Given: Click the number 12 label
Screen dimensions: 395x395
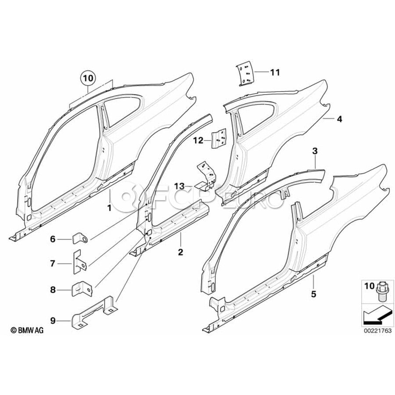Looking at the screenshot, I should [x=198, y=140].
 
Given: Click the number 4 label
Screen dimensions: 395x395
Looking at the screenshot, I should [x=339, y=119].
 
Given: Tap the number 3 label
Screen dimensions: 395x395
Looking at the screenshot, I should [x=314, y=151].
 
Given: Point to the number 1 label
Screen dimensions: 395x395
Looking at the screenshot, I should [x=109, y=206].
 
